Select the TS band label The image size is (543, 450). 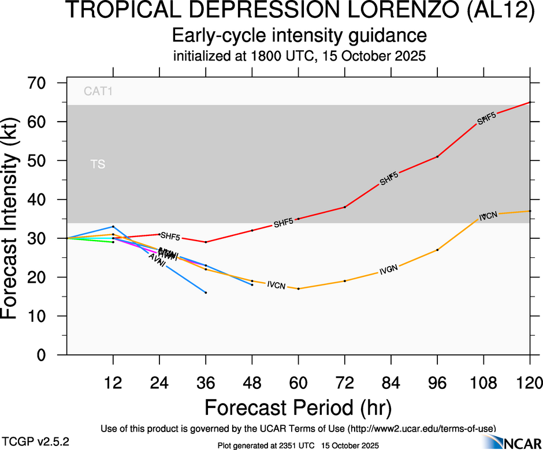coord(98,164)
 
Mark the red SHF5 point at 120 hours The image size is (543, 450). coord(530,103)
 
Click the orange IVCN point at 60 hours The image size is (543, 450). coord(298,288)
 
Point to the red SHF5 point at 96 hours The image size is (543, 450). coord(437,156)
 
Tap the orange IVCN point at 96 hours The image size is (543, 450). coord(437,250)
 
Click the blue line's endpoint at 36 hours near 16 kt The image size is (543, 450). coord(206,292)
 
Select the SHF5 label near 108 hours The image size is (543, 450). coord(486,119)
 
